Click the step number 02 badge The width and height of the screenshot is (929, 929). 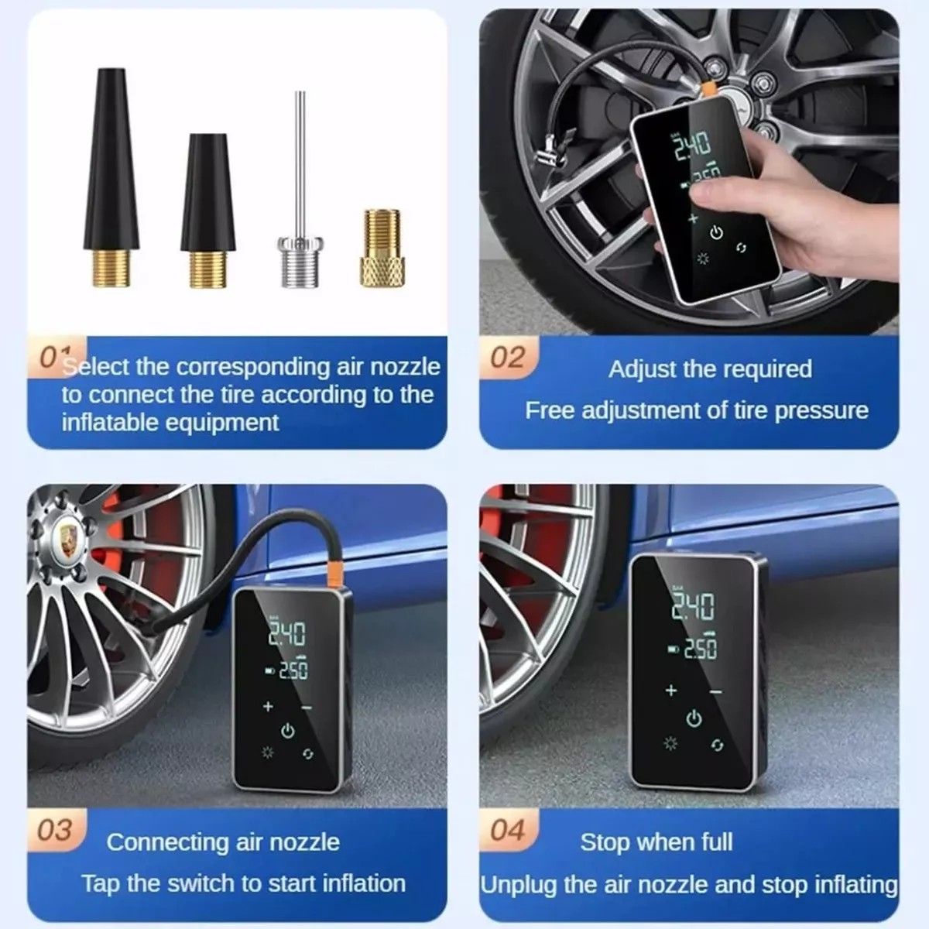click(x=508, y=358)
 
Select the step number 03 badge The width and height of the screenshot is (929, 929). click(x=55, y=830)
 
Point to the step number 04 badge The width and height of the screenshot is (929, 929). click(x=508, y=830)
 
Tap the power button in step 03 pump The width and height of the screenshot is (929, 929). click(x=288, y=730)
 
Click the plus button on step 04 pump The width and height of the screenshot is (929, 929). click(x=670, y=690)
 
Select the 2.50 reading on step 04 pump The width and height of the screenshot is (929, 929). click(x=700, y=648)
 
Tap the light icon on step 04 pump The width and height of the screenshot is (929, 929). click(x=670, y=744)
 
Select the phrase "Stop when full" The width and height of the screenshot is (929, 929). click(x=656, y=842)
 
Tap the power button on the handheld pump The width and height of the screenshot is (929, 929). click(x=716, y=233)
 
